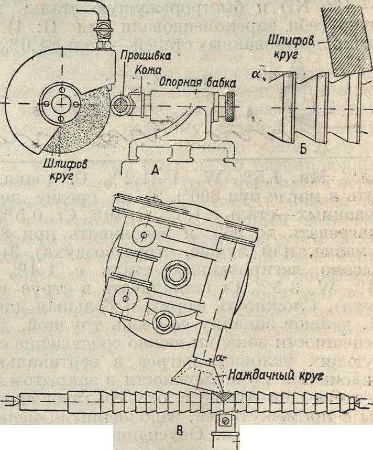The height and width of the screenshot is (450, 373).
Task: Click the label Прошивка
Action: (x=139, y=56)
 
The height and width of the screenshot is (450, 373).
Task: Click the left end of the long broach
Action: (x=13, y=402)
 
